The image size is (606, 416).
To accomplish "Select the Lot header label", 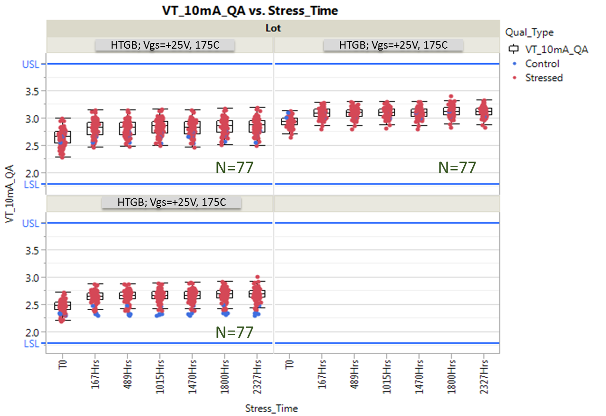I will tap(273, 28).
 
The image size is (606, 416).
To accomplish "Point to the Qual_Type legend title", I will tap(529, 33).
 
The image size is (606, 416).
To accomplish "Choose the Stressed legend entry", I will tap(544, 78).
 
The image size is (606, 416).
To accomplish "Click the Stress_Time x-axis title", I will tap(271, 408).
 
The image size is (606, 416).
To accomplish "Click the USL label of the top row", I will tap(31, 64).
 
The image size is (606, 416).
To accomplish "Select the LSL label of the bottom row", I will tap(31, 343).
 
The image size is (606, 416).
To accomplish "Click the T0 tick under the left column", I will tap(62, 365).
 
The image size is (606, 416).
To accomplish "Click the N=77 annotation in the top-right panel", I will tap(457, 168).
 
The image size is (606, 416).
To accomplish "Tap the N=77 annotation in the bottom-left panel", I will tap(234, 332).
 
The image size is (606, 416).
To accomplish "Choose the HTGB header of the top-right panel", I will tap(393, 45).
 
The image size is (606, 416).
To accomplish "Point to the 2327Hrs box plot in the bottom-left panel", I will tap(257, 294).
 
